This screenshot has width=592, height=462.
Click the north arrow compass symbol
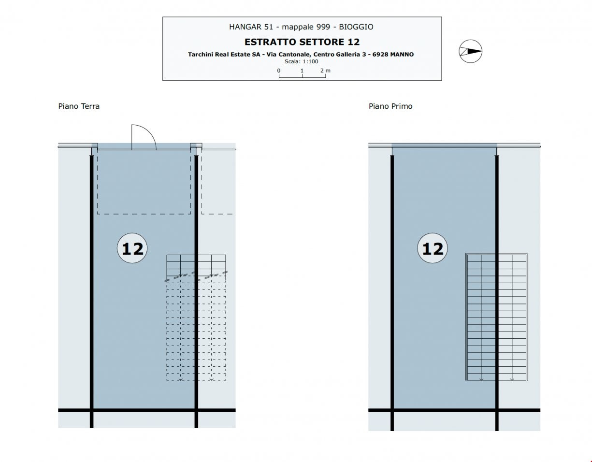[470, 51]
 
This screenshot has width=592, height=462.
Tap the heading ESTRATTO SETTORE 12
[302, 42]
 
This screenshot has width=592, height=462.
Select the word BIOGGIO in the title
[356, 27]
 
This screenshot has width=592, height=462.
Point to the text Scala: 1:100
[301, 61]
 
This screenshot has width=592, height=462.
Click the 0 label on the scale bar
[279, 71]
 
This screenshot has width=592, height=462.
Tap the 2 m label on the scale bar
[325, 71]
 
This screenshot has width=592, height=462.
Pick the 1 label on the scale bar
[302, 71]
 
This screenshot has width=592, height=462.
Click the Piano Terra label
[79, 106]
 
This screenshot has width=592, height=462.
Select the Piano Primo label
[390, 106]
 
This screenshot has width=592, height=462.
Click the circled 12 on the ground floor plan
[132, 248]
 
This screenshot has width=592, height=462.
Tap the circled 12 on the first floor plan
[433, 248]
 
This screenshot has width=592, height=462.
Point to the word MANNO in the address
[402, 55]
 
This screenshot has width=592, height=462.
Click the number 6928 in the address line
[380, 55]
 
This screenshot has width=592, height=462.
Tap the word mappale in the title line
[298, 27]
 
